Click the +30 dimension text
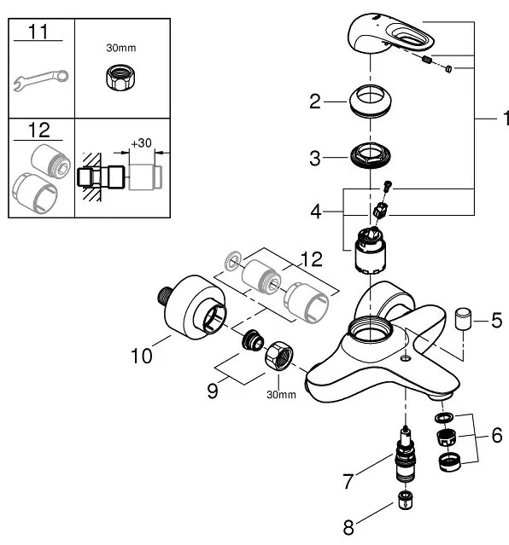click(140, 143)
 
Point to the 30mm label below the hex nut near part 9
click(281, 394)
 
